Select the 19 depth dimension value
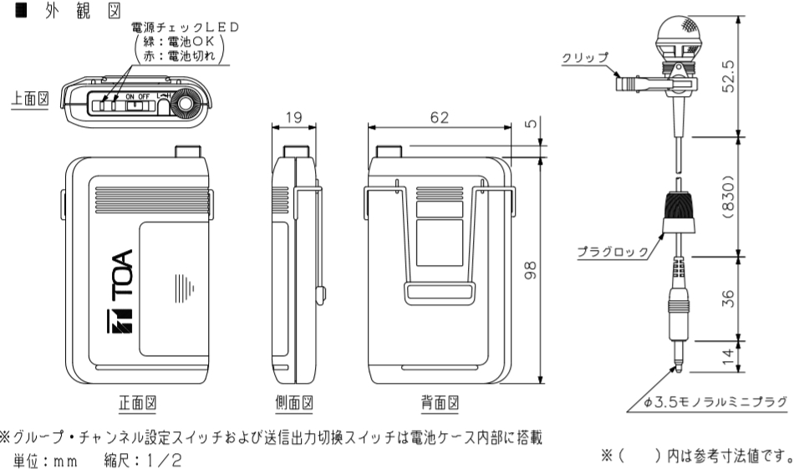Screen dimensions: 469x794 (x=293, y=118)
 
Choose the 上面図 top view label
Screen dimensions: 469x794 (x=31, y=97)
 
